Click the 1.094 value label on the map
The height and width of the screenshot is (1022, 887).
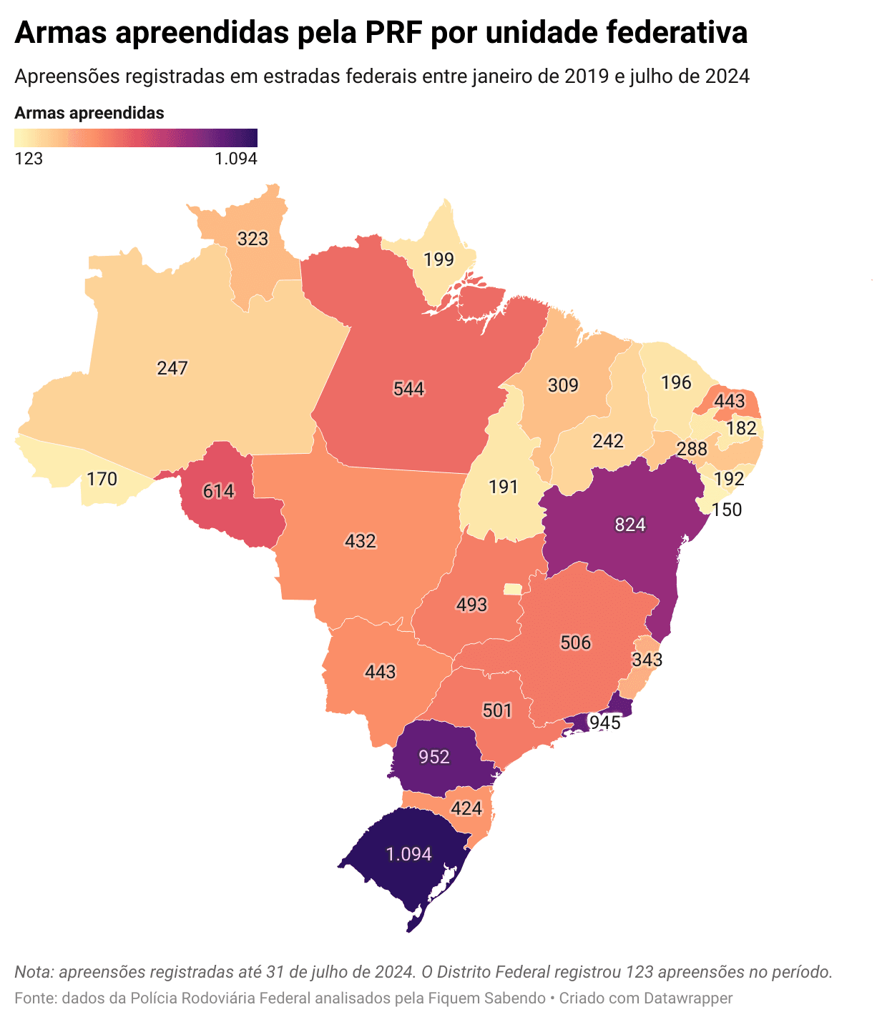coord(408,854)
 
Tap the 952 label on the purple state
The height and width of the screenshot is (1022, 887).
coord(434,757)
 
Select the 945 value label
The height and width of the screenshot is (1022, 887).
coord(604,723)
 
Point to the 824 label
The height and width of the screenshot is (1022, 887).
coord(630,525)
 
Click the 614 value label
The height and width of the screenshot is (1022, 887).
coord(218,491)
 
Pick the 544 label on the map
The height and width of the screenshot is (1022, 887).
coord(408,389)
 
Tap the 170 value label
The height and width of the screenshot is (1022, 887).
coord(102,479)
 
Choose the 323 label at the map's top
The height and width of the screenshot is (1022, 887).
coord(253,239)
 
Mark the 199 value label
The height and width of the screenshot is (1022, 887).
coord(438,259)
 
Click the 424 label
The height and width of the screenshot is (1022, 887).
coord(466,809)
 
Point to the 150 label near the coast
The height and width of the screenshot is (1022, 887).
coord(727,510)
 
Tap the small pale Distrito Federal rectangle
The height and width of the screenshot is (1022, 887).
coord(512,589)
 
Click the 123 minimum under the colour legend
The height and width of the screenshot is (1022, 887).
coord(29,159)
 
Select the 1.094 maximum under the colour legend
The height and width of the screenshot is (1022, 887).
coord(235,159)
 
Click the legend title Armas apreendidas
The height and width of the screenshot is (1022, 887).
coord(89,113)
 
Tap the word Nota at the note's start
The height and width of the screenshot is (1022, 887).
coord(33,972)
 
